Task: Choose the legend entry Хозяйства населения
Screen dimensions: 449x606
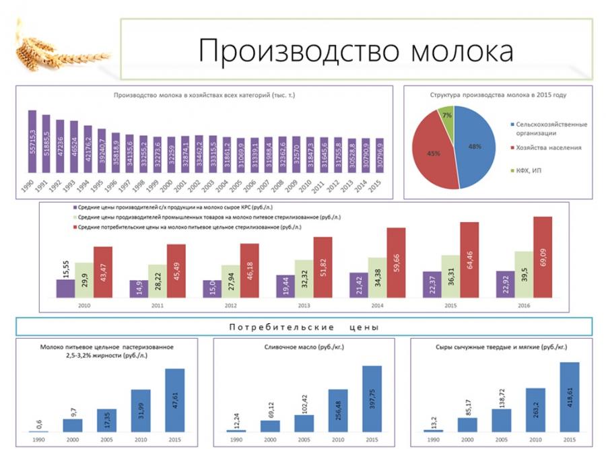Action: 544,147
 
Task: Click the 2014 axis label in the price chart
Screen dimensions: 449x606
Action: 377,304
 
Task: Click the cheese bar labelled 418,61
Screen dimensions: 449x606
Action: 569,397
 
